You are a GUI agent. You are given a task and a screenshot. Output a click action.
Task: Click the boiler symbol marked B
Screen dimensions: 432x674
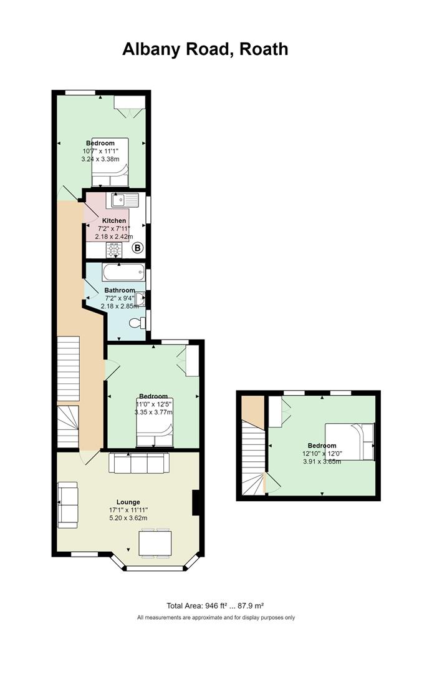click(137, 248)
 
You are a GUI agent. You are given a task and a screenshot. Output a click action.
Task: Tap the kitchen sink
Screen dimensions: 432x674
click(125, 200)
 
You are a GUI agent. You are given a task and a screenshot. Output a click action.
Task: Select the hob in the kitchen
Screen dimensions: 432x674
click(114, 250)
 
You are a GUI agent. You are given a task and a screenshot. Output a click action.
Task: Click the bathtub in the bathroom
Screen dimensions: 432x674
click(123, 273)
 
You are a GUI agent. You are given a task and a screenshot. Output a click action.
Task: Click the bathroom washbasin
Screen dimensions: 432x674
click(140, 299)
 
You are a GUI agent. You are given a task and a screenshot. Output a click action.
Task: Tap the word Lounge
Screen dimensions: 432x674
click(128, 502)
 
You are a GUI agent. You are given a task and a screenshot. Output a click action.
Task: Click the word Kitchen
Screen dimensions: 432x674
click(114, 220)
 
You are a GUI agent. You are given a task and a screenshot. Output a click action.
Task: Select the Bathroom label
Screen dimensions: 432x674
click(120, 290)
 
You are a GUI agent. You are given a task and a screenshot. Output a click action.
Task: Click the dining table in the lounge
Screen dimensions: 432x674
click(155, 544)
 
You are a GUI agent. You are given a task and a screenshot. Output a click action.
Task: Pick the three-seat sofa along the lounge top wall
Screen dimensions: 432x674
click(139, 463)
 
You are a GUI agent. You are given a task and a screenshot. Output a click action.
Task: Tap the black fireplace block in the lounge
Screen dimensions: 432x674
click(196, 502)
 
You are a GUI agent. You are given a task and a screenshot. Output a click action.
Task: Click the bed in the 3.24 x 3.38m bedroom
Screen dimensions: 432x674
click(110, 162)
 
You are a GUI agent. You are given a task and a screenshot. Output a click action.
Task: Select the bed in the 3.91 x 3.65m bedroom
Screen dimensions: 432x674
click(350, 441)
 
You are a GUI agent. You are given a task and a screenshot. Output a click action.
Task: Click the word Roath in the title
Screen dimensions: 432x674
click(263, 49)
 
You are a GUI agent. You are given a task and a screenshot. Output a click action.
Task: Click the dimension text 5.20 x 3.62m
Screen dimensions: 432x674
click(128, 518)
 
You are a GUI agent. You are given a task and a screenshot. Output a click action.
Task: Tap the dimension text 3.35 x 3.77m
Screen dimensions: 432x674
click(153, 413)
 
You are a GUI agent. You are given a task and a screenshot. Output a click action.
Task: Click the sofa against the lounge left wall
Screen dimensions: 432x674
click(68, 505)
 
